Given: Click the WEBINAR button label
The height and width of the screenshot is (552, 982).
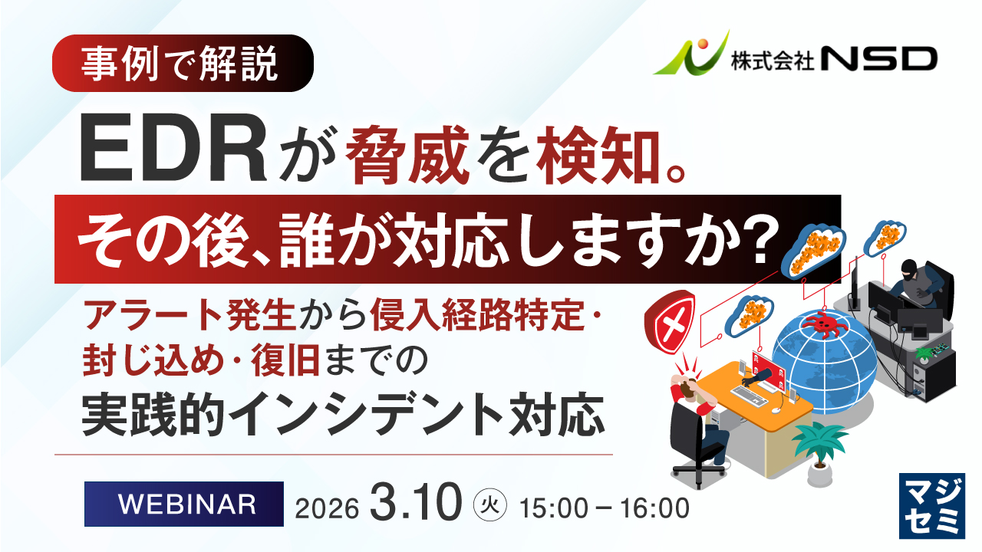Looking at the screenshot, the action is pos(186,504).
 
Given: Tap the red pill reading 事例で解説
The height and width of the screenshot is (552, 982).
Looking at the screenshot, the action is pos(183,63).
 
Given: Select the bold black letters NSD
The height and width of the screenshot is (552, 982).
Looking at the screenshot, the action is pos(879,59).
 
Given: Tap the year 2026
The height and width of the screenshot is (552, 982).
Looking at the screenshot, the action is pos(327,508).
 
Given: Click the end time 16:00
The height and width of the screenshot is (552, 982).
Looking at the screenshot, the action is pos(654,508).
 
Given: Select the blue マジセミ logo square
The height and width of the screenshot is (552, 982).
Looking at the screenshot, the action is pos(932,506).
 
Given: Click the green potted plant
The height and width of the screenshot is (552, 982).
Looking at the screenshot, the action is pos(819,455).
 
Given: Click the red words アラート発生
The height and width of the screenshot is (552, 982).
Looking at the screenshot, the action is pos(189,315).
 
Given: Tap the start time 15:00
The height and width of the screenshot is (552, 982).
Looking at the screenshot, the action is pos(554,508).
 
